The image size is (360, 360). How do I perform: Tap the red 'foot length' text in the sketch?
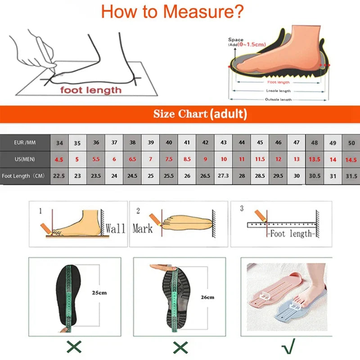pyautogui.click(x=91, y=90)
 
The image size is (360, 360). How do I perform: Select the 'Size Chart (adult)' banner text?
pyautogui.click(x=200, y=114)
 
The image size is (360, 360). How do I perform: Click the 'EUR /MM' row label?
pyautogui.click(x=25, y=143)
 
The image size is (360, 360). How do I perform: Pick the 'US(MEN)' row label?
pyautogui.click(x=25, y=159)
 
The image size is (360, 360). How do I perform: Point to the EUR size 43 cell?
pyautogui.click(x=223, y=143)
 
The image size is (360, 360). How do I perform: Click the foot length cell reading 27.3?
pyautogui.click(x=223, y=176)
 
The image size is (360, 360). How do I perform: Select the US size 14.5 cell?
pyautogui.click(x=351, y=160)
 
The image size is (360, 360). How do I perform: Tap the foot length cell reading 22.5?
pyautogui.click(x=59, y=176)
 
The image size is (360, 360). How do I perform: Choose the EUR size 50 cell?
pyautogui.click(x=351, y=143)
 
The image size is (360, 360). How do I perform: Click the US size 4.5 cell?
pyautogui.click(x=59, y=160)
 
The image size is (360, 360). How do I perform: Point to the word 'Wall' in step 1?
pyautogui.click(x=115, y=228)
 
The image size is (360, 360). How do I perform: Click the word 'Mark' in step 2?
pyautogui.click(x=142, y=229)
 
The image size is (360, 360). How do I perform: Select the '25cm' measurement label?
pyautogui.click(x=99, y=292)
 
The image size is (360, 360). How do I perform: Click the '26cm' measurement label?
pyautogui.click(x=207, y=297)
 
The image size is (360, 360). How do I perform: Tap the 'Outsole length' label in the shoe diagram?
pyautogui.click(x=278, y=99)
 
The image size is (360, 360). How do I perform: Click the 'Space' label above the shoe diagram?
pyautogui.click(x=235, y=40)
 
